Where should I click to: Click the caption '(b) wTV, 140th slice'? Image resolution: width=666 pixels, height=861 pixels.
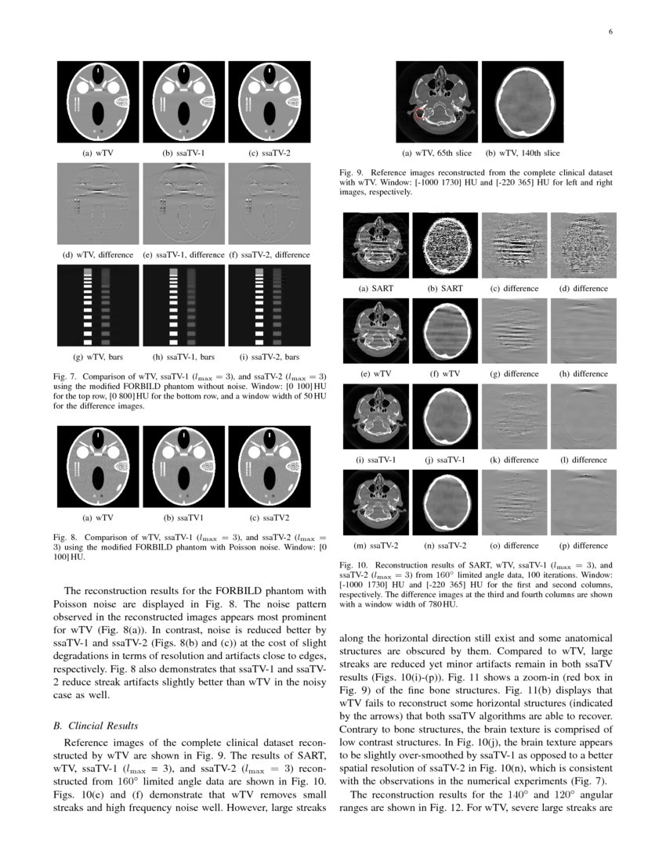tap(522, 153)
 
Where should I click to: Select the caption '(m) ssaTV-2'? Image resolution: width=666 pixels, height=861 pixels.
tap(376, 545)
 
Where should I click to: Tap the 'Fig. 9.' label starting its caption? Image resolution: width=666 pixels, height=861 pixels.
tap(353, 171)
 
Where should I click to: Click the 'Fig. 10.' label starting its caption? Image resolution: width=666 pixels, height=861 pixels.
tap(355, 564)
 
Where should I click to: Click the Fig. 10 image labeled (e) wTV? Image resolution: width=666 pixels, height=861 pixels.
tap(377, 330)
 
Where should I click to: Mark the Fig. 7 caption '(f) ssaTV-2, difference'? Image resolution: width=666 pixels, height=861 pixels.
tap(269, 255)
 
